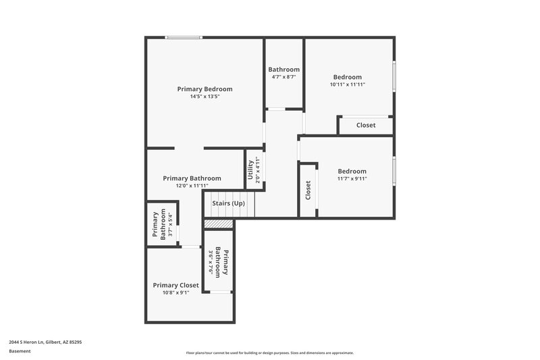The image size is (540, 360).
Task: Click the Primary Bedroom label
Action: (205, 89)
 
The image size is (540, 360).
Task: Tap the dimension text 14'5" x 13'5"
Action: (205, 97)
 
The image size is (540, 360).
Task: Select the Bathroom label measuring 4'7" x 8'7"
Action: (283, 70)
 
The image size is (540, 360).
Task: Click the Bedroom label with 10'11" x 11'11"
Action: (348, 77)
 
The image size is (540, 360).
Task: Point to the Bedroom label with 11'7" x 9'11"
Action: (352, 172)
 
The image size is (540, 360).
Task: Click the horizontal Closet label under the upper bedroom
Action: (366, 125)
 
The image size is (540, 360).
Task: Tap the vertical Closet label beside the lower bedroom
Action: (308, 190)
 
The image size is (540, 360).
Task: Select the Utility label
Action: (250, 167)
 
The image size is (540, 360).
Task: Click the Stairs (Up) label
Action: (228, 203)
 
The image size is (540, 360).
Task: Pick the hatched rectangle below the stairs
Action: (219, 224)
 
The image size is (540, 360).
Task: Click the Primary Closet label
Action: (175, 285)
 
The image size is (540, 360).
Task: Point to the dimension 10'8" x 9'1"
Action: (175, 292)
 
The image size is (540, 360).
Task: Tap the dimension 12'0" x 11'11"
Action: (192, 186)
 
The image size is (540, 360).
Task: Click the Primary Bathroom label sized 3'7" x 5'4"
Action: (158, 226)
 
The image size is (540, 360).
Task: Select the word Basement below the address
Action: (19, 351)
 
